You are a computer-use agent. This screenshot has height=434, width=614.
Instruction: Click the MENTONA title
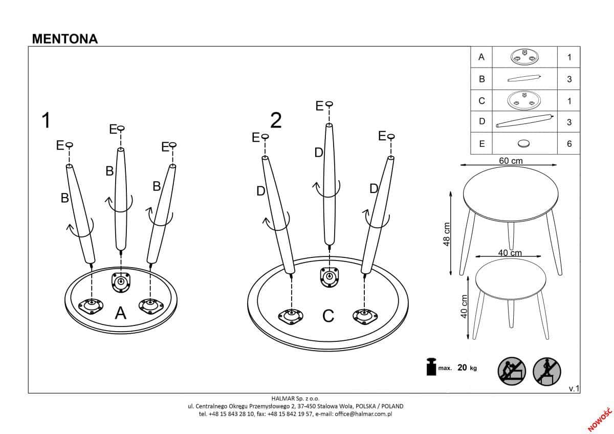click(x=64, y=39)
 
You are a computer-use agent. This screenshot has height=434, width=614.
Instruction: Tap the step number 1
click(x=46, y=121)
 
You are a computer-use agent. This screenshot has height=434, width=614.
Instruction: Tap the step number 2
click(x=276, y=120)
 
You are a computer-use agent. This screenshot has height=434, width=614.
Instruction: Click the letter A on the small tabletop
click(x=121, y=313)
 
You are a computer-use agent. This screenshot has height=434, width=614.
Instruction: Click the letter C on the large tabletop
click(x=328, y=316)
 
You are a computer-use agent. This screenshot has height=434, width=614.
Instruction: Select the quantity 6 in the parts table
click(x=569, y=144)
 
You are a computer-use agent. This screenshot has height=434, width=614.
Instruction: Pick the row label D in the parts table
click(x=481, y=122)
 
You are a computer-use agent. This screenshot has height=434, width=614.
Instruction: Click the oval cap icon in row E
click(x=524, y=143)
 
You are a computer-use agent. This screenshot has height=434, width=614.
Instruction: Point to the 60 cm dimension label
click(x=511, y=161)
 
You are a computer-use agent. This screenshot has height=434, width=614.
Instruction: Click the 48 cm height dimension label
click(x=447, y=234)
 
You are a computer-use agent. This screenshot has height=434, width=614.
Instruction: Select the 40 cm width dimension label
click(x=510, y=253)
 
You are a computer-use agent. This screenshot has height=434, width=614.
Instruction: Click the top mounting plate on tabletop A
click(x=121, y=281)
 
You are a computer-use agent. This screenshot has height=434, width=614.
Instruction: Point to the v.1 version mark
click(x=574, y=389)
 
